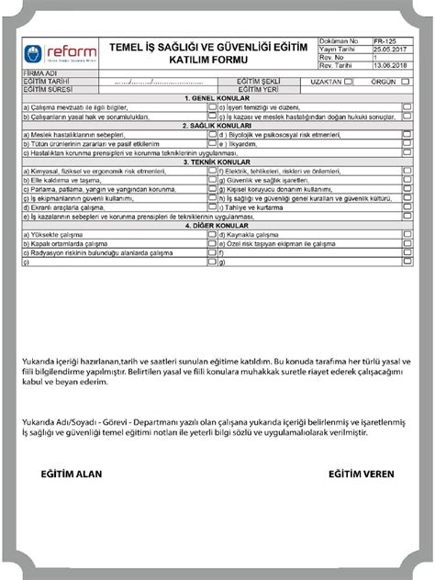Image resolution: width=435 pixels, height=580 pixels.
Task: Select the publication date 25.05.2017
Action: [388, 50]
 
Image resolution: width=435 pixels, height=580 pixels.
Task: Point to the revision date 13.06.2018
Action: [388, 65]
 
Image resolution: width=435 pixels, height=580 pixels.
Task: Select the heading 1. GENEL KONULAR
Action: [217, 96]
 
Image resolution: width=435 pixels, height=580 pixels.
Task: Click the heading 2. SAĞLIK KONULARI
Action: [217, 125]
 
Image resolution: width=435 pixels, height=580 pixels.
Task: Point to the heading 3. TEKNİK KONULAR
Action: [217, 161]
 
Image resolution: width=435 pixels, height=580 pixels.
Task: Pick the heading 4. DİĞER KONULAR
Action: [217, 225]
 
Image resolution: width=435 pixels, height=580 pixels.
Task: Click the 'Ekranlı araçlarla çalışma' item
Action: [64, 206]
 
